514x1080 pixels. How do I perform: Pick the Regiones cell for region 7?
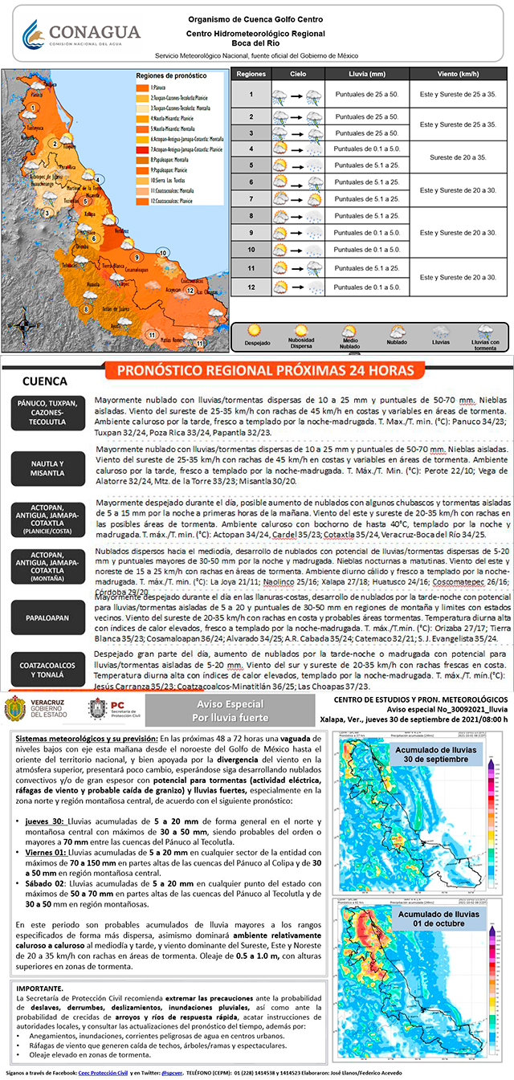tap(251, 198)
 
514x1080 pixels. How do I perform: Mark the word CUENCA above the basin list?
tap(45, 381)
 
